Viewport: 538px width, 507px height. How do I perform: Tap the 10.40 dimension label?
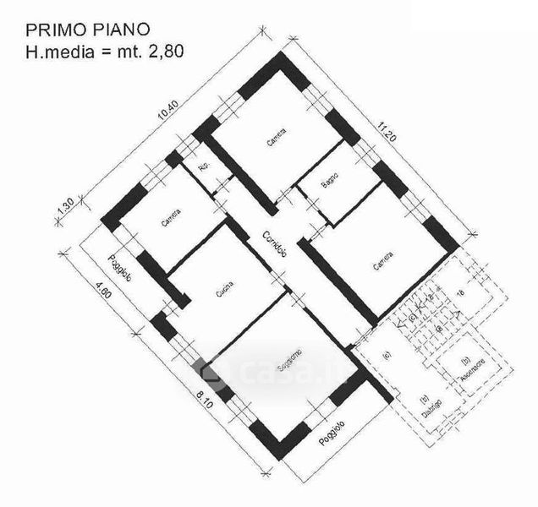click(169, 116)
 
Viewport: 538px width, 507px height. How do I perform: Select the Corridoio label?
click(272, 243)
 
